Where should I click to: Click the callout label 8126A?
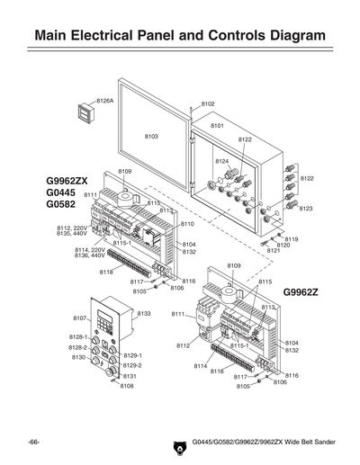[105, 101]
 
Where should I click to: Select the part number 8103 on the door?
[151, 135]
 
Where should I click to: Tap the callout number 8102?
[208, 104]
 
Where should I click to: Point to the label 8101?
[217, 126]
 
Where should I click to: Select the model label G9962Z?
[303, 292]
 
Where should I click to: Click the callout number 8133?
[144, 313]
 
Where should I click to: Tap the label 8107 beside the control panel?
[79, 318]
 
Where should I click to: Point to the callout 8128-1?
[78, 336]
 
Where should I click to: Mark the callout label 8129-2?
[132, 365]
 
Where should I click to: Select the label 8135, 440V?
[72, 234]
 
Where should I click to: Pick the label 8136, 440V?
[72, 255]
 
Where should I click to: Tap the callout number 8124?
[221, 160]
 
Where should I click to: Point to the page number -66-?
[33, 443]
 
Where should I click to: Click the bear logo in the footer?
[178, 445]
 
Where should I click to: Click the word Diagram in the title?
[281, 36]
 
